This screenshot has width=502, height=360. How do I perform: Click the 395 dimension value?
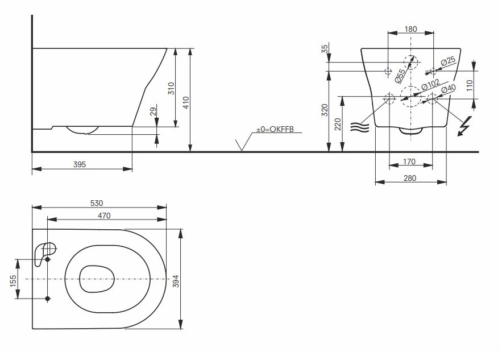[80, 164]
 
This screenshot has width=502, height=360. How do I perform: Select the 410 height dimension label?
[186, 102]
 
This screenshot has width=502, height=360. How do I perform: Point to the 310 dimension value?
[171, 88]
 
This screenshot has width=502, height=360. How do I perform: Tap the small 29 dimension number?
[153, 112]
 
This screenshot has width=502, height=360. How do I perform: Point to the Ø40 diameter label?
[449, 89]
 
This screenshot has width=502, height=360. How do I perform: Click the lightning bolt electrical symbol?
[464, 126]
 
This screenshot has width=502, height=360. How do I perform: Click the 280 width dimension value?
[410, 178]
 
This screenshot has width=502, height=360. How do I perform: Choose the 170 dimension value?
[409, 162]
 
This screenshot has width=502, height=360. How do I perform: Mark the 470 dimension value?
[103, 215]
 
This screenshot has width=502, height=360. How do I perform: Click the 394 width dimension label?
[176, 280]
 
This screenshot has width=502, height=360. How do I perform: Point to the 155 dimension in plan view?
[13, 280]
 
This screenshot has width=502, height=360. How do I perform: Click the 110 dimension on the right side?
[470, 85]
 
